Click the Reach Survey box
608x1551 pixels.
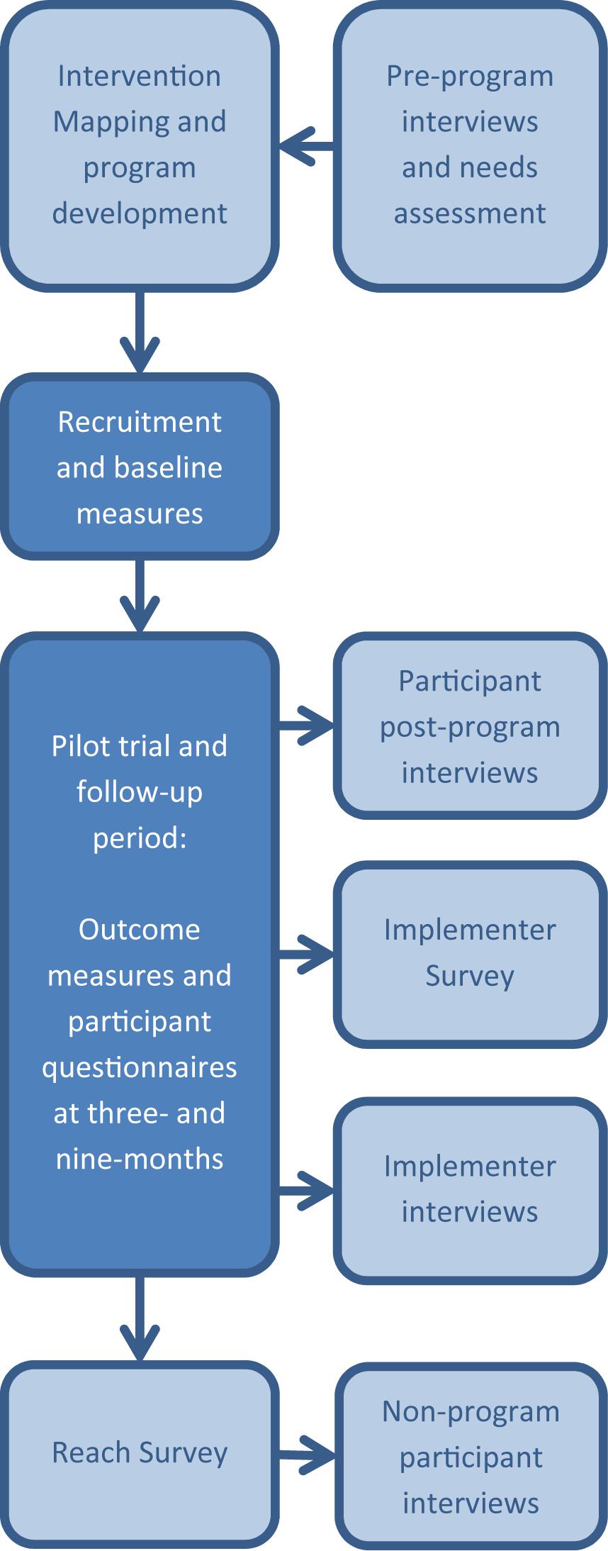(140, 1452)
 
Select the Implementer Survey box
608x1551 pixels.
(470, 953)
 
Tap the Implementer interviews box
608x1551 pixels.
(470, 1190)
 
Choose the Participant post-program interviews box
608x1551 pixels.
(470, 726)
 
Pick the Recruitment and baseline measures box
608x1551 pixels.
(140, 467)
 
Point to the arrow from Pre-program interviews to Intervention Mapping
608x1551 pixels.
(305, 147)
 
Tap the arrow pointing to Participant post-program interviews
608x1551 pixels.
(306, 726)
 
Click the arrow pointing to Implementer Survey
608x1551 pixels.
(306, 954)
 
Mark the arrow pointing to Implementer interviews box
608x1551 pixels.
(306, 1190)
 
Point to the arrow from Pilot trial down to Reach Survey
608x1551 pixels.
(140, 1318)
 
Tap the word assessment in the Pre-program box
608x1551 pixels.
(470, 213)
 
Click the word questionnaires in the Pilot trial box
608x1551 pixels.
(140, 1067)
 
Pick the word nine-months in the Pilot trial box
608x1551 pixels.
(140, 1159)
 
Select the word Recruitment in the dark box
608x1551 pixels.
(140, 422)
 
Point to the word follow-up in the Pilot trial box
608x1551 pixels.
(140, 791)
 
